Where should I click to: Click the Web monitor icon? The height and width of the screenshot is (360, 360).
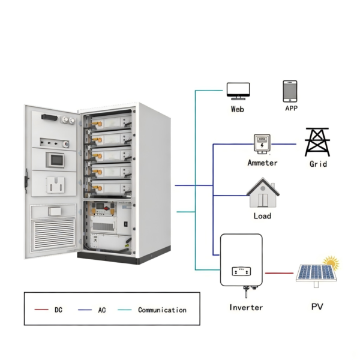(x=238, y=91)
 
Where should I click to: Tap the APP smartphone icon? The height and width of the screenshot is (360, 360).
(x=290, y=91)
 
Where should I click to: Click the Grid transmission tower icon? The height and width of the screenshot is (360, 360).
(x=317, y=142)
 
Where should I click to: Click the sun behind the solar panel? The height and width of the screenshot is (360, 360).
(x=331, y=262)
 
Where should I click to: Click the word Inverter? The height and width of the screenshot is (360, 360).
(x=246, y=307)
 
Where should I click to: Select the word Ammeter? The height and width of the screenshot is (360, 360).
(x=262, y=163)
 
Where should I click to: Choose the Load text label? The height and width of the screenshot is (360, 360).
(x=262, y=215)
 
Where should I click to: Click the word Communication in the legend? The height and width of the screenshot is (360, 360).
(x=162, y=310)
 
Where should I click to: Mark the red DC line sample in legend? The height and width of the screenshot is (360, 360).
(x=41, y=310)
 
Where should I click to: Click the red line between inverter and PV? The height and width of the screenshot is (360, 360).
(x=280, y=273)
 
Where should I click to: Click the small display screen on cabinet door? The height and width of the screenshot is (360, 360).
(x=55, y=160)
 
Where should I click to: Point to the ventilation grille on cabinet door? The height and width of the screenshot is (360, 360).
(x=53, y=236)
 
